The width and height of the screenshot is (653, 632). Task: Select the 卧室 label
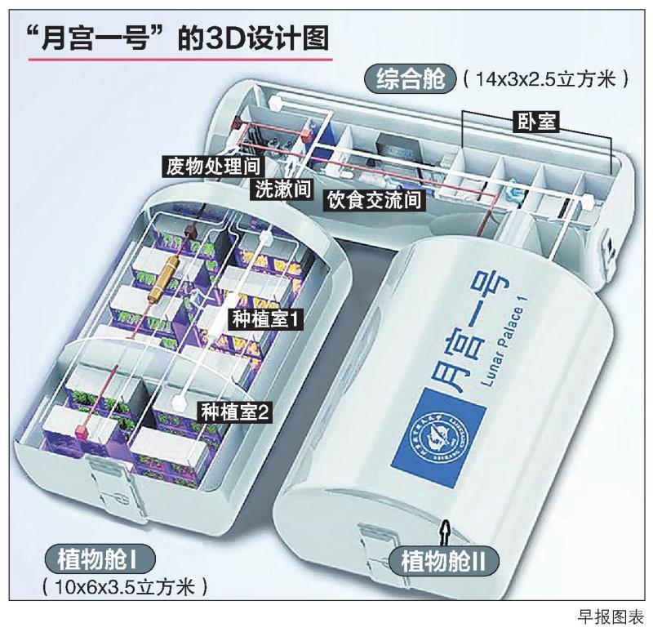coord(536,122)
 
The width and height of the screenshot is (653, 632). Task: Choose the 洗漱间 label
coord(282,189)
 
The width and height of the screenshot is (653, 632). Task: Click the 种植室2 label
coord(234,412)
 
